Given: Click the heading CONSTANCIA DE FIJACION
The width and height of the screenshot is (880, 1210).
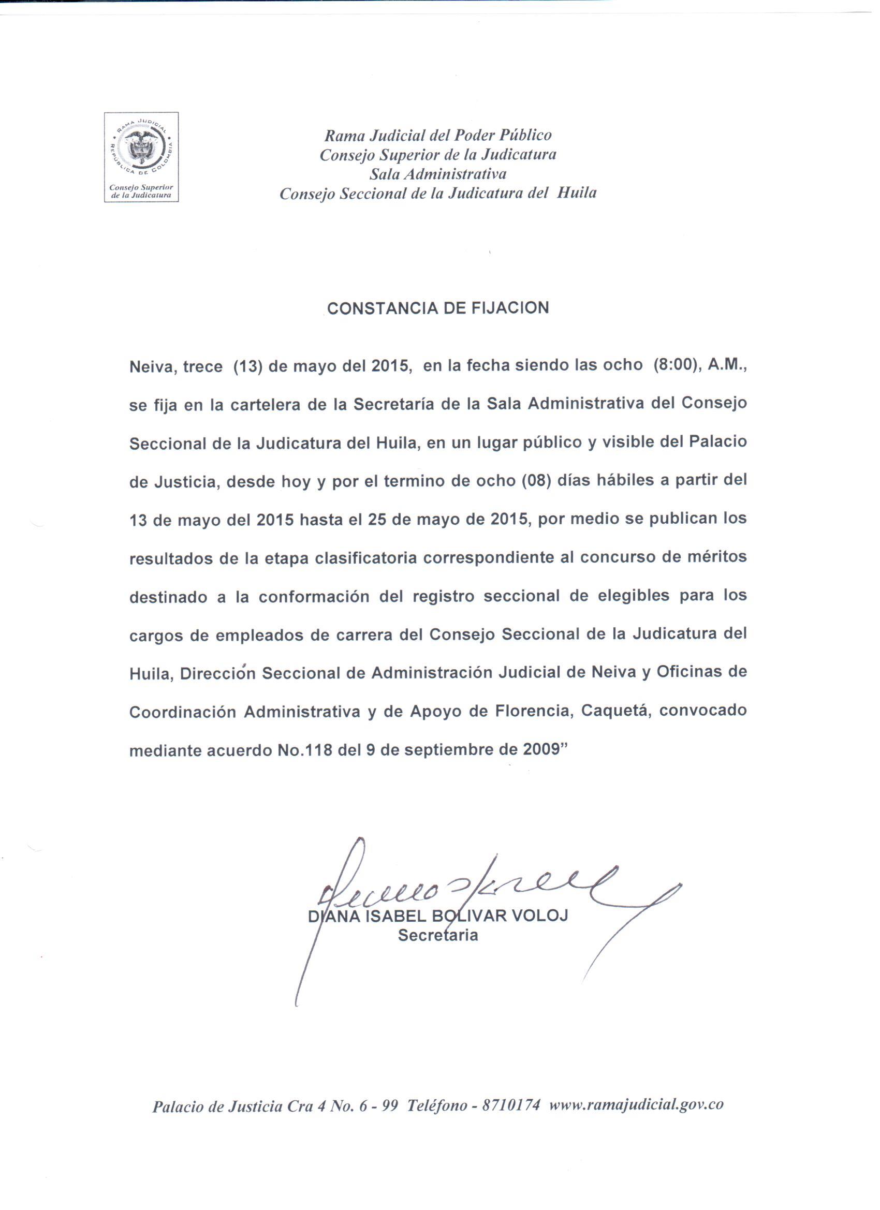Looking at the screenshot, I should [437, 308].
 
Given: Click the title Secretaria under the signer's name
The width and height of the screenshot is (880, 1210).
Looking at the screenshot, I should [437, 935].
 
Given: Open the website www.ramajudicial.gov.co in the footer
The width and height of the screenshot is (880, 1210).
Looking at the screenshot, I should [636, 1105].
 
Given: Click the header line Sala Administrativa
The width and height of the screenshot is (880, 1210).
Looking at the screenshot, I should [437, 174].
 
